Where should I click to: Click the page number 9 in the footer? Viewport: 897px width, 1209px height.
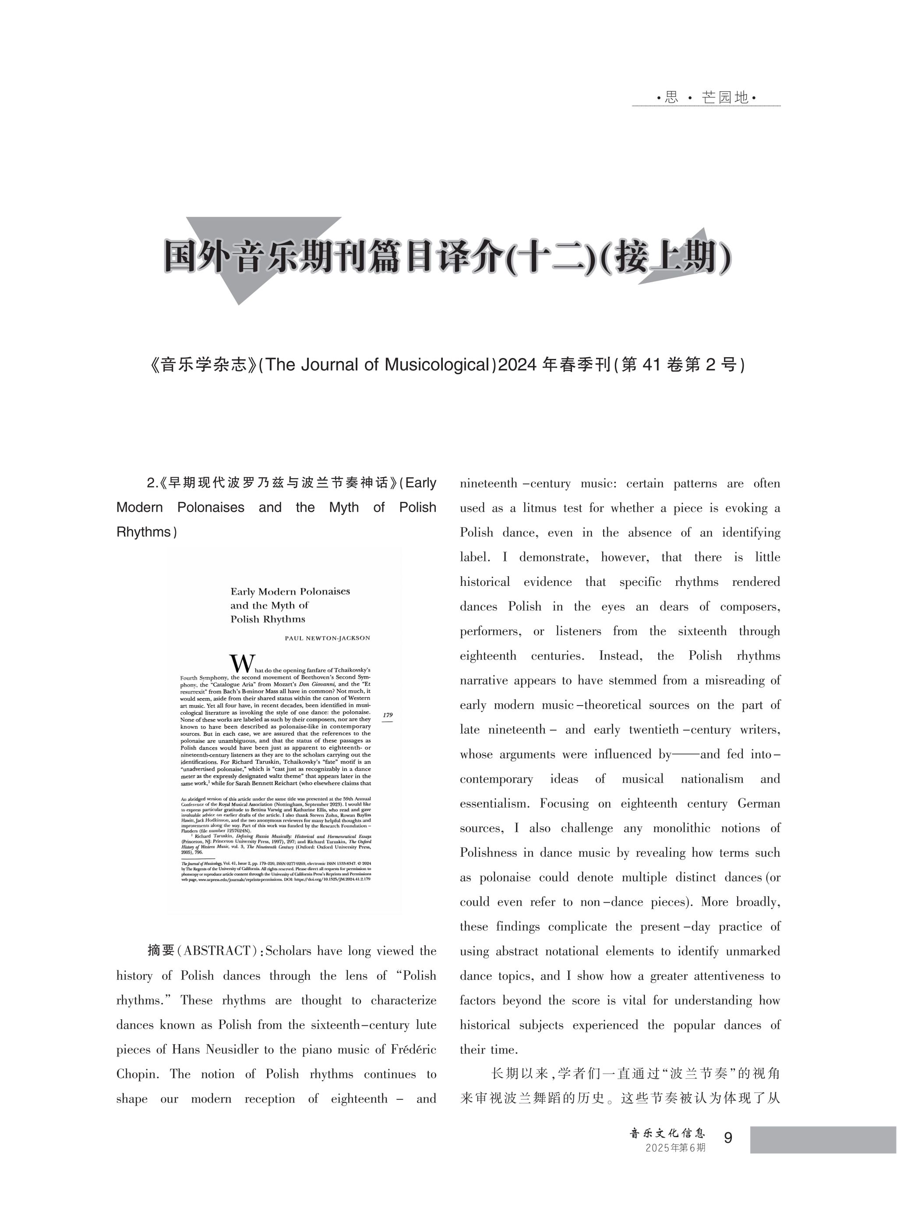(x=728, y=1137)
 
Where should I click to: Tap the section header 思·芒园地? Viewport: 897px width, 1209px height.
(x=706, y=97)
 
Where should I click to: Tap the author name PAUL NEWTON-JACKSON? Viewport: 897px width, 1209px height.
(x=328, y=638)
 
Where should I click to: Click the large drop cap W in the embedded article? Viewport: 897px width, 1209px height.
(x=242, y=663)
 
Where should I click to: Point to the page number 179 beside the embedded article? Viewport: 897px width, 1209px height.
(x=387, y=715)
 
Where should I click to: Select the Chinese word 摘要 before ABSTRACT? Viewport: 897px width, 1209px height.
(x=161, y=950)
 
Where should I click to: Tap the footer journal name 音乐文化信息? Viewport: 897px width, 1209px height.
(x=667, y=1133)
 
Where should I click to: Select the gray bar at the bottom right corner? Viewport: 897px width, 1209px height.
(x=823, y=1139)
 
